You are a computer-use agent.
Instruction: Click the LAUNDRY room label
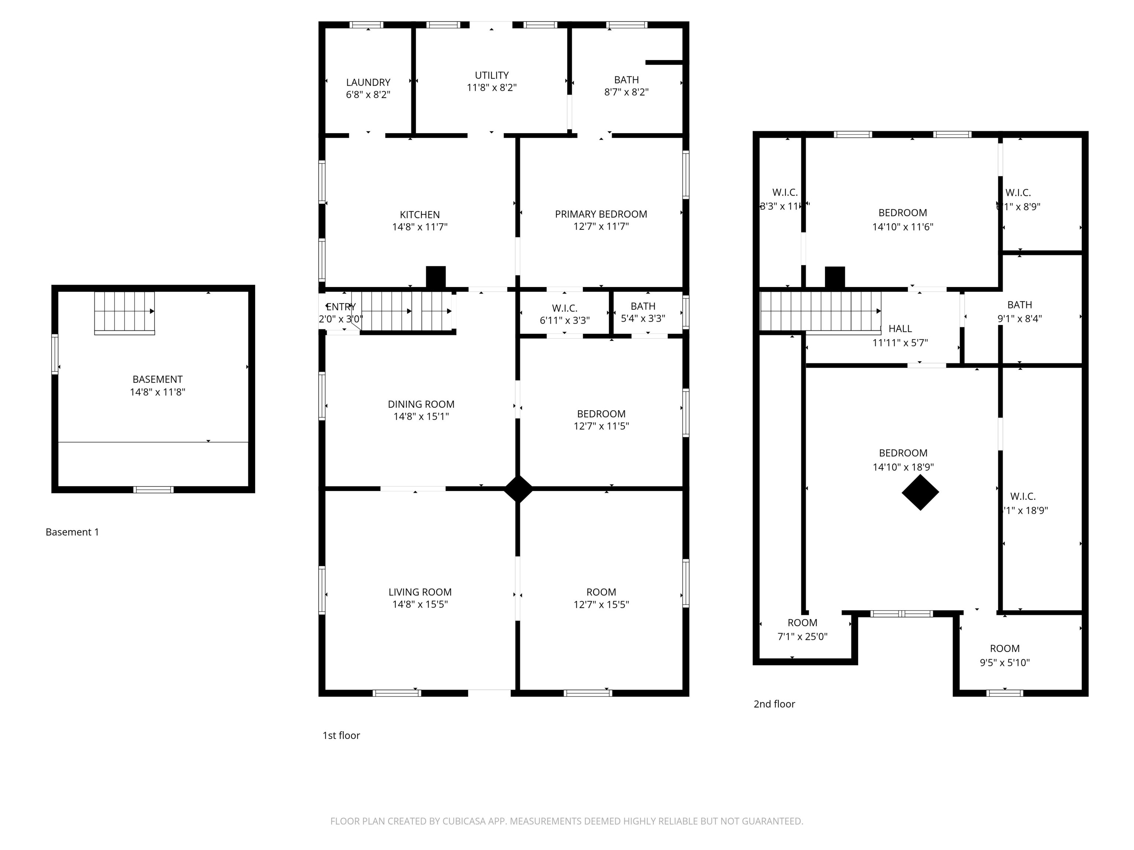[x=368, y=82]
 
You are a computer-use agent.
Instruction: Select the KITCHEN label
[x=419, y=215]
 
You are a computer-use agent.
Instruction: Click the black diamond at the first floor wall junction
[x=518, y=489]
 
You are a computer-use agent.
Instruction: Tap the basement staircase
[x=124, y=312]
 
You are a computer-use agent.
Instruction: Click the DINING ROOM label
[x=420, y=404]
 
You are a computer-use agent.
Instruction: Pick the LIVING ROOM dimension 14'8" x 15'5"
[x=419, y=604]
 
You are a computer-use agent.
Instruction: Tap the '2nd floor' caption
[x=774, y=704]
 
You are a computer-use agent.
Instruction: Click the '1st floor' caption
[x=341, y=735]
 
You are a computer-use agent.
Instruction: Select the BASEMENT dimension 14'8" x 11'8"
[x=157, y=392]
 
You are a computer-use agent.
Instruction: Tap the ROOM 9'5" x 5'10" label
[x=1004, y=655]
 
